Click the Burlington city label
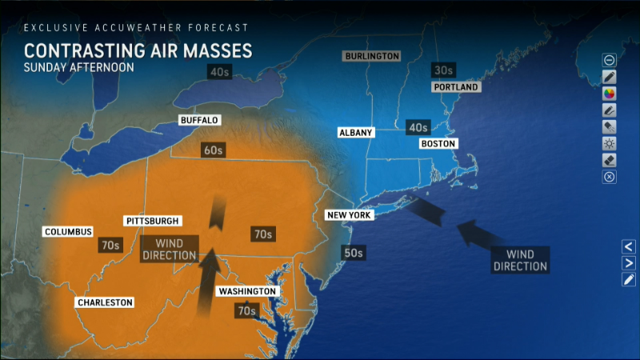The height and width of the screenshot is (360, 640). pos(371,56)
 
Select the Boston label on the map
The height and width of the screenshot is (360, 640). pos(438,144)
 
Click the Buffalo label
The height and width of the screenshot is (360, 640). pos(199,121)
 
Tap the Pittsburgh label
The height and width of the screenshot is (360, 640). pos(153,221)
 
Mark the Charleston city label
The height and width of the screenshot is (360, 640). pos(105,302)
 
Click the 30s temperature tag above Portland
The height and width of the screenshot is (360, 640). pos(442,70)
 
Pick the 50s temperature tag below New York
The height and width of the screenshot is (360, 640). pos(352,253)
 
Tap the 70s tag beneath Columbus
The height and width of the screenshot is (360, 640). pos(110,245)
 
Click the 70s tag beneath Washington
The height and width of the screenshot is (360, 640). pos(246,310)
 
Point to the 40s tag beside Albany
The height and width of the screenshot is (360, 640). pos(418,127)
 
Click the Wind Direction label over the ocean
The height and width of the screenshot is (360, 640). pos(520,260)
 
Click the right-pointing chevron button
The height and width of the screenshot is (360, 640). pos(629,263)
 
